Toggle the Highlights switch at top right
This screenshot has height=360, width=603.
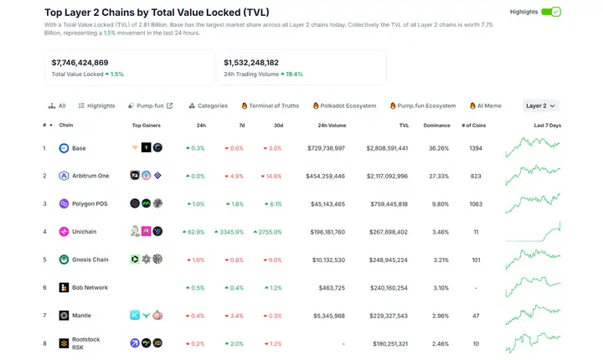pyautogui.click(x=551, y=13)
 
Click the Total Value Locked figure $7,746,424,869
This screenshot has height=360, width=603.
pyautogui.click(x=80, y=62)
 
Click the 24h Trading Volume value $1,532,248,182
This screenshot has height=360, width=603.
pyautogui.click(x=251, y=62)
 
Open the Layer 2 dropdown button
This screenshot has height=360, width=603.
pyautogui.click(x=540, y=106)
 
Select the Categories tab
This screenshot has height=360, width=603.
pyautogui.click(x=208, y=106)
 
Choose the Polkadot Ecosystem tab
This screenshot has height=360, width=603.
pyautogui.click(x=344, y=106)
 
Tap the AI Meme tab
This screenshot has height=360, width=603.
pyautogui.click(x=486, y=106)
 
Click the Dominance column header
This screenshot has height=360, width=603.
pyautogui.click(x=435, y=126)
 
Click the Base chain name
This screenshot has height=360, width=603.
pyautogui.click(x=79, y=148)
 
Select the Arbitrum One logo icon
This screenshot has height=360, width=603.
pyautogui.click(x=64, y=176)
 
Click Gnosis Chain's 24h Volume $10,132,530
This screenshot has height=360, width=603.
pyautogui.click(x=327, y=260)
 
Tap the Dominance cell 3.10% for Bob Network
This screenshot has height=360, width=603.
pyautogui.click(x=439, y=288)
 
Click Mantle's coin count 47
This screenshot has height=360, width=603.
pyautogui.click(x=476, y=316)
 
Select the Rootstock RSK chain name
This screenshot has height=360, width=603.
pyautogui.click(x=85, y=343)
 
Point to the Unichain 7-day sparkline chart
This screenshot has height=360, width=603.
pyautogui.click(x=533, y=231)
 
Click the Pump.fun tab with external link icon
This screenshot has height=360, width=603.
pyautogui.click(x=151, y=106)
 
